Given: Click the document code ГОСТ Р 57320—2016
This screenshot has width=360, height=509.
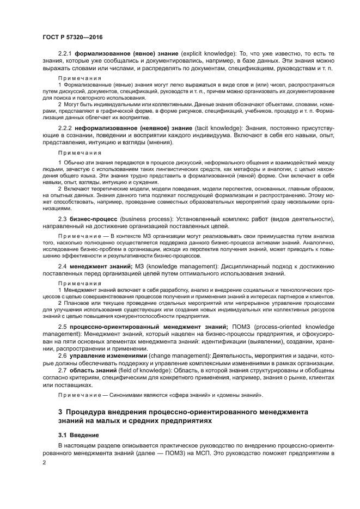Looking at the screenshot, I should pyautogui.click(x=72, y=36).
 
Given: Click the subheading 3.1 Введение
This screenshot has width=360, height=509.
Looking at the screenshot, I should pyautogui.click(x=78, y=436).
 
